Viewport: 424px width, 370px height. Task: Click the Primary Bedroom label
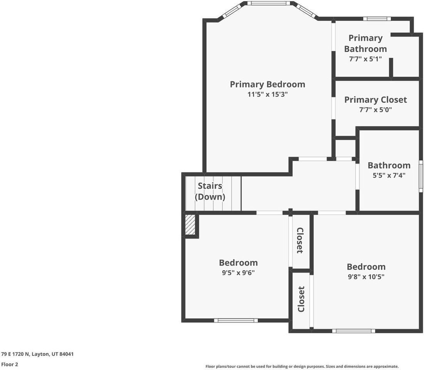(268, 84)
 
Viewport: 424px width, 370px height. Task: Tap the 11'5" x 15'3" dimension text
(268, 94)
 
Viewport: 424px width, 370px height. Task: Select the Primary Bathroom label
(365, 44)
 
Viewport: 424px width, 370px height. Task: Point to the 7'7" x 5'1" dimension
(365, 59)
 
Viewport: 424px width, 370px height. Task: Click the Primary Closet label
(375, 100)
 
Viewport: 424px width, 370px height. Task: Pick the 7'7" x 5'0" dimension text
(375, 110)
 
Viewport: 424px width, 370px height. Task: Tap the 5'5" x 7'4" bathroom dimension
(389, 175)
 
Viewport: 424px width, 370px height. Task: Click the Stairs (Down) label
(210, 191)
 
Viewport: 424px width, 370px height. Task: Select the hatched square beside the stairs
(190, 224)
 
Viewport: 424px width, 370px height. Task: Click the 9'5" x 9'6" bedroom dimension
(238, 272)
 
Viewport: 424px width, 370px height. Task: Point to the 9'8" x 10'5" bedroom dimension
(366, 277)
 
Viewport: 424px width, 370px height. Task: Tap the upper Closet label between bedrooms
(300, 240)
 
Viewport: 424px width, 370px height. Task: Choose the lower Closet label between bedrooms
(301, 299)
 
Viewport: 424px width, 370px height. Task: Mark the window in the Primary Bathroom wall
(377, 18)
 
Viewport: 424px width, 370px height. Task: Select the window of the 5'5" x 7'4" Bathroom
(421, 176)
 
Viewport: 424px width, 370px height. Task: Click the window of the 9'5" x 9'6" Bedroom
(236, 321)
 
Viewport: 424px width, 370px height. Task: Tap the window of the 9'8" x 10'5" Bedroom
(353, 331)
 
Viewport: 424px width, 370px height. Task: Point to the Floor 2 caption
(10, 364)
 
